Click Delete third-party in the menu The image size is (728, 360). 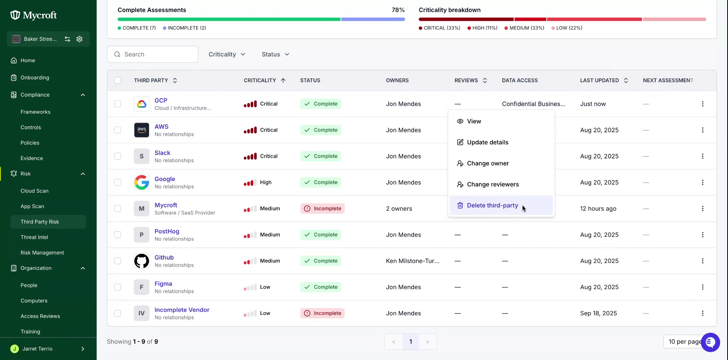pos(492,205)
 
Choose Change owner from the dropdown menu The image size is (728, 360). pos(488,163)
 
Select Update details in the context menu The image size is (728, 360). pos(488,142)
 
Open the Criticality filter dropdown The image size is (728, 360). pos(227,55)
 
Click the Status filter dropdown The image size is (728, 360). pos(275,55)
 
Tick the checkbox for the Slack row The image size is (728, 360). pos(118,156)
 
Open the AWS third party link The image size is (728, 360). pos(162,127)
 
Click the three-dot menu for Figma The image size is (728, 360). pos(703,287)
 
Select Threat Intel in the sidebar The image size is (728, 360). pos(34,237)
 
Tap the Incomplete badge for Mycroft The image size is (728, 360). pos(322,209)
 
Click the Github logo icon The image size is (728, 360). pos(141,261)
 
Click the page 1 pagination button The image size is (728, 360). pos(411,342)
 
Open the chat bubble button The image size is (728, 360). pos(710,342)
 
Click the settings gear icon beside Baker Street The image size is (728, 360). pos(79,39)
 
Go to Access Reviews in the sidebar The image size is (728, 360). pos(40,316)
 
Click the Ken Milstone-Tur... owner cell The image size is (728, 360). pos(413,261)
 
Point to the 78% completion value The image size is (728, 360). pos(398,10)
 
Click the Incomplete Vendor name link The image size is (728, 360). pos(182,310)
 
